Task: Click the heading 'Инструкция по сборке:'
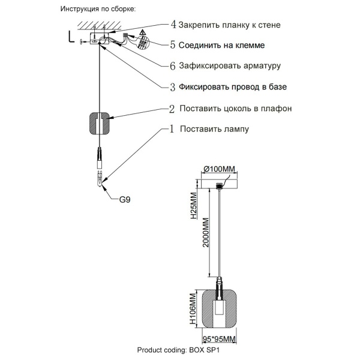[x=98, y=10]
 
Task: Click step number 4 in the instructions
[x=173, y=25]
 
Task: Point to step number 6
[x=173, y=65]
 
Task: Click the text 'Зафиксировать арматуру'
[x=230, y=65]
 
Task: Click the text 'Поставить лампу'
[x=214, y=128]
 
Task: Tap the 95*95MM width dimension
[x=219, y=338]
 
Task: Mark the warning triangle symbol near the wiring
[x=142, y=32]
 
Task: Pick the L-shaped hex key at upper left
[x=73, y=37]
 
